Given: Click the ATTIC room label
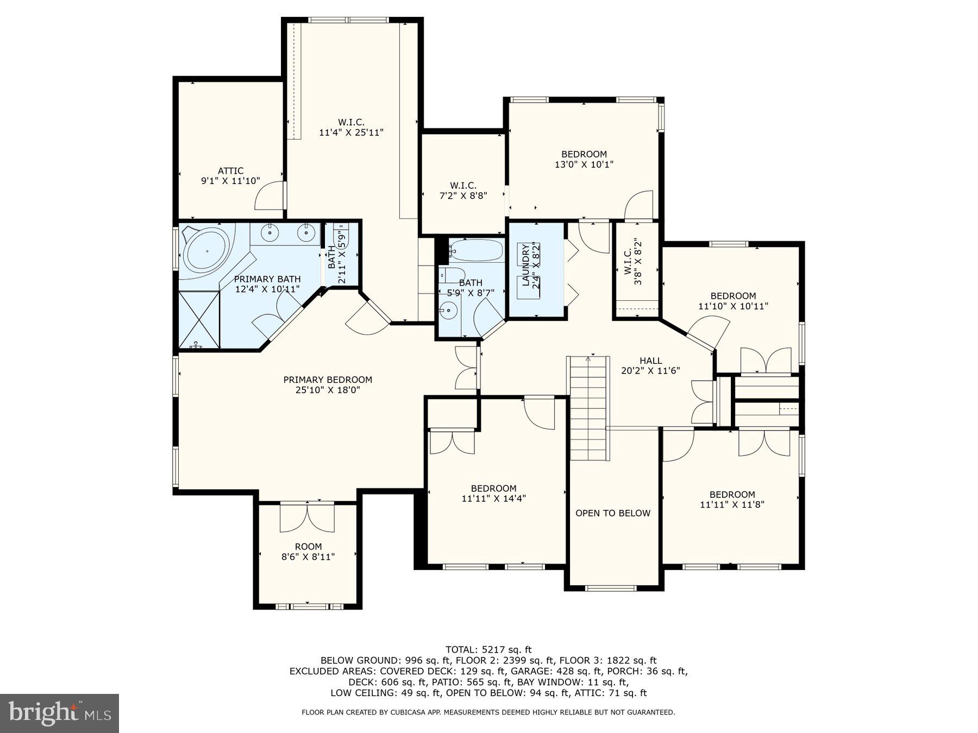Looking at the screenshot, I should [230, 171].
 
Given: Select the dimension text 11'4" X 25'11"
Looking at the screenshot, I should [351, 132].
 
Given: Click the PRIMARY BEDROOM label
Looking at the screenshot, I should [328, 380].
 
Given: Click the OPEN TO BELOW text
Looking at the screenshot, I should [612, 514].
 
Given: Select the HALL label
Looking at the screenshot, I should [650, 361].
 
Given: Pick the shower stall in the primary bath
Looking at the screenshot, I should [199, 319].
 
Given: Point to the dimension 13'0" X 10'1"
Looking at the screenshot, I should [584, 165].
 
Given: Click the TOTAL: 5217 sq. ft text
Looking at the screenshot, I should [488, 649].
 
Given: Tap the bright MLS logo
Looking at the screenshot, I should [59, 713].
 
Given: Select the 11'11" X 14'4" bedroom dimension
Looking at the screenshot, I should [493, 498].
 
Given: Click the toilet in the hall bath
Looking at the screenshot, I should [451, 274].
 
